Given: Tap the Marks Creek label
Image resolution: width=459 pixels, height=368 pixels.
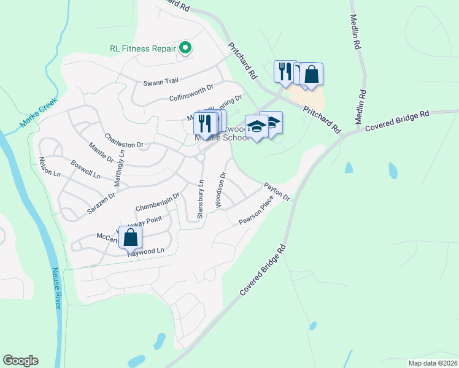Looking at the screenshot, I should pyautogui.click(x=38, y=113).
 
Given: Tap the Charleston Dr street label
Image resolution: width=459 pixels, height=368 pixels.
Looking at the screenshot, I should pyautogui.click(x=123, y=140).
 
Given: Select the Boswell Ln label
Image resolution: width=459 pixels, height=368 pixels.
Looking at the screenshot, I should pyautogui.click(x=85, y=170).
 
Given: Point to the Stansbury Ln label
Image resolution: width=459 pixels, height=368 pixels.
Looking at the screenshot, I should pyautogui.click(x=199, y=199).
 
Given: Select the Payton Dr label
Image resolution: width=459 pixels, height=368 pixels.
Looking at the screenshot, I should pyautogui.click(x=277, y=191).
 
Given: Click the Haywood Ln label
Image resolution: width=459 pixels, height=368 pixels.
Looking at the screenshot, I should pyautogui.click(x=145, y=251).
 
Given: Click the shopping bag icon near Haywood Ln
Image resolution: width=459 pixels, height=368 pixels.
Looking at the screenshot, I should pyautogui.click(x=130, y=237).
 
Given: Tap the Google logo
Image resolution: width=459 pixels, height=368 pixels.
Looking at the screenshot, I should pyautogui.click(x=20, y=361).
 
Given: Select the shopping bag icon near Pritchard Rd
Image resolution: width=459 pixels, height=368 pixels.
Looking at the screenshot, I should pyautogui.click(x=312, y=74).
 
